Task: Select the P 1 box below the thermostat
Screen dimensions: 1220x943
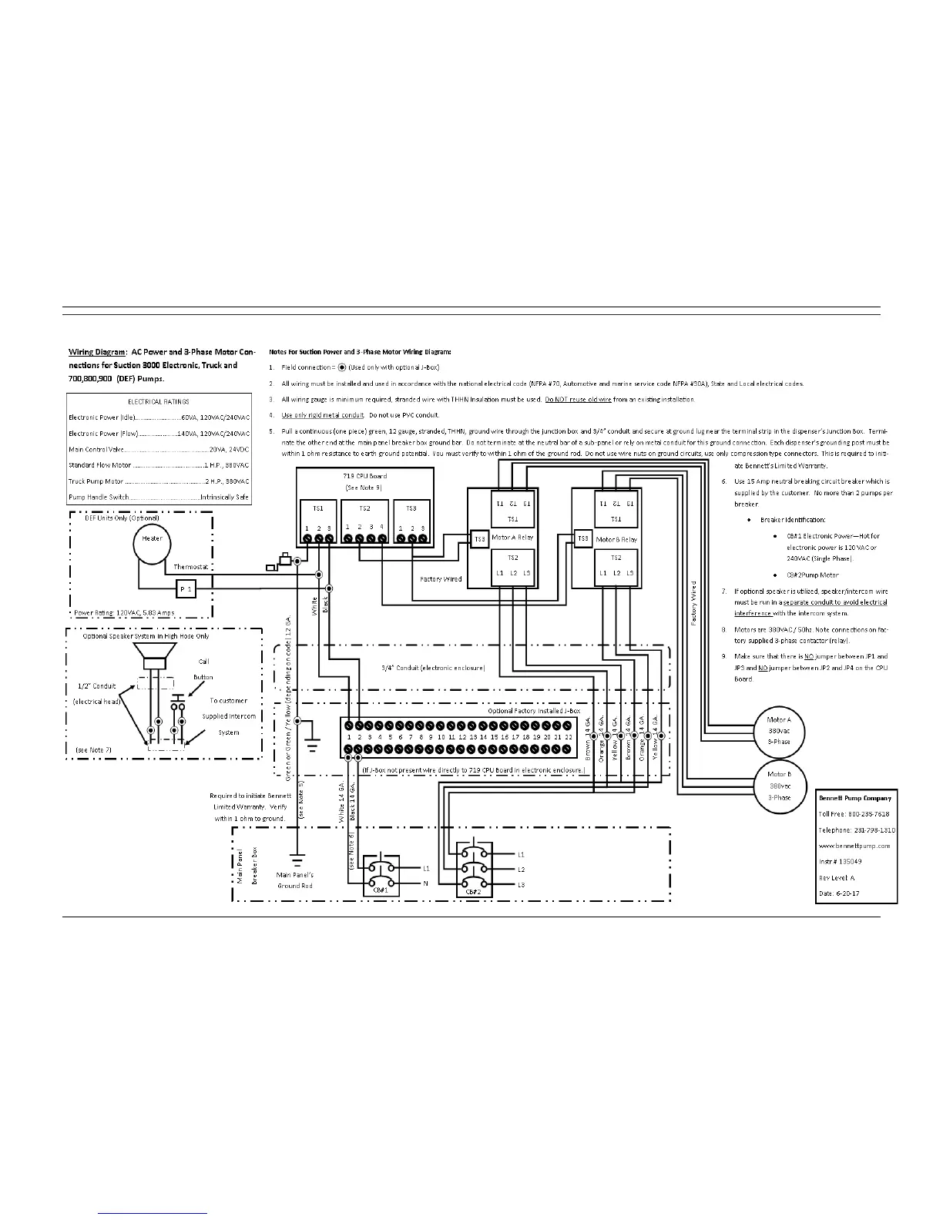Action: click(186, 589)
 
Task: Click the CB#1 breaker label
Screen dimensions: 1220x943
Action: click(380, 890)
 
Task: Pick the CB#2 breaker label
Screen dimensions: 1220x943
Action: click(473, 891)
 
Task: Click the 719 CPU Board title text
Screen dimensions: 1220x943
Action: click(364, 476)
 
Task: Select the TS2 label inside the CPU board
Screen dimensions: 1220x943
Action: click(365, 508)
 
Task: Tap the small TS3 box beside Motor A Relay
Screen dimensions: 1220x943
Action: click(479, 538)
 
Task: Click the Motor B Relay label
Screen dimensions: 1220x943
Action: click(616, 539)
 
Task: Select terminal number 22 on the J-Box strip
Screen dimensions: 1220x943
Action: click(569, 737)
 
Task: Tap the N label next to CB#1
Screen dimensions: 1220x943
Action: click(425, 883)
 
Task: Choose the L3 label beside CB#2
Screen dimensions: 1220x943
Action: click(521, 885)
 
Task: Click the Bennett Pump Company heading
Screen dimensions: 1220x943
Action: click(854, 798)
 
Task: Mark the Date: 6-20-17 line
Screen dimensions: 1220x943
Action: click(839, 893)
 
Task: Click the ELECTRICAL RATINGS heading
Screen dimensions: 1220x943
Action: click(158, 401)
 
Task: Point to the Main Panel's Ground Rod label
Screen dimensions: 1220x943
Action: click(295, 880)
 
